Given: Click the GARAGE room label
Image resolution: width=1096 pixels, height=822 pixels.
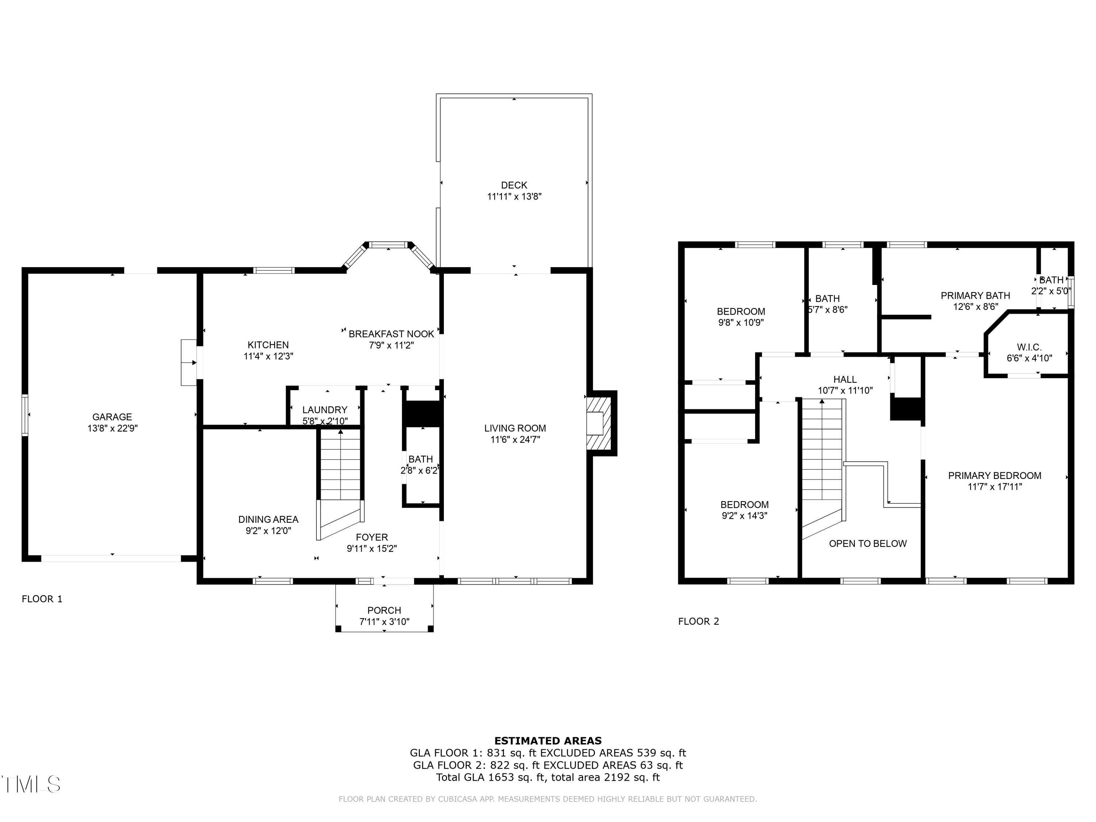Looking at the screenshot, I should pyautogui.click(x=112, y=417).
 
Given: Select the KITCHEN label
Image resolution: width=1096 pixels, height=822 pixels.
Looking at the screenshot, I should pyautogui.click(x=268, y=345).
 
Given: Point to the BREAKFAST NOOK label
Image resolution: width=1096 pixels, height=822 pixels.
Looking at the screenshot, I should pyautogui.click(x=391, y=334).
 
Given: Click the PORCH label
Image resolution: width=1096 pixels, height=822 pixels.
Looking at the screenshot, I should pyautogui.click(x=384, y=610).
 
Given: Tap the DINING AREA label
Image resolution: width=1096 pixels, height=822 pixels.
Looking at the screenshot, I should pyautogui.click(x=268, y=519).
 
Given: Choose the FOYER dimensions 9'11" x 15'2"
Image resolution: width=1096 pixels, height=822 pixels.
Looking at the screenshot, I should pyautogui.click(x=372, y=548).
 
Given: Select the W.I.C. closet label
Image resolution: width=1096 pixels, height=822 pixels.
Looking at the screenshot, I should pyautogui.click(x=1029, y=347).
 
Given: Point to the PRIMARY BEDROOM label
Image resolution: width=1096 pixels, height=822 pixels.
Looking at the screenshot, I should pyautogui.click(x=994, y=476).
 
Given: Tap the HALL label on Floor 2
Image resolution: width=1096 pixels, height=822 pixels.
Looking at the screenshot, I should pyautogui.click(x=845, y=380).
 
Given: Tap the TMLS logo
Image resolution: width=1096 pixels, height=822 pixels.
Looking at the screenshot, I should pyautogui.click(x=31, y=784).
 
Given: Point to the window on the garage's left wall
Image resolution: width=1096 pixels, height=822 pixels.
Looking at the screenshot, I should pyautogui.click(x=25, y=415).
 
